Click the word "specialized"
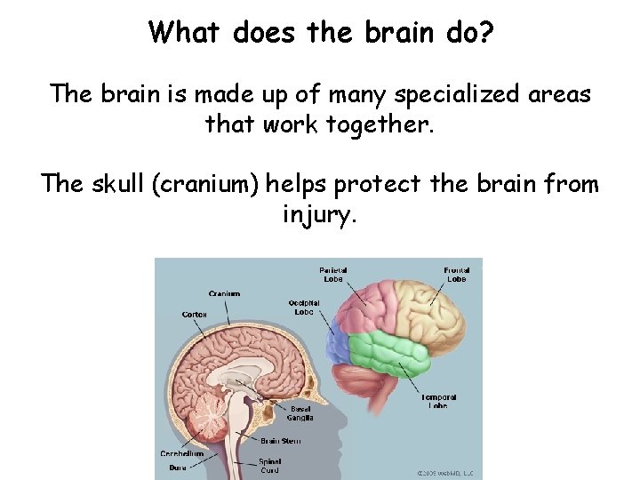[438, 93]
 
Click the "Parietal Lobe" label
[333, 274]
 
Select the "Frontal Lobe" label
[456, 274]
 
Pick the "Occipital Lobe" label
[304, 307]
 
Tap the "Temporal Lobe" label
[439, 401]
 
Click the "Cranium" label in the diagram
[224, 293]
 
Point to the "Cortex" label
[195, 314]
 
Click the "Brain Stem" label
[281, 440]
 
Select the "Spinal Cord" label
[270, 465]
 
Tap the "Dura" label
[178, 468]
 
